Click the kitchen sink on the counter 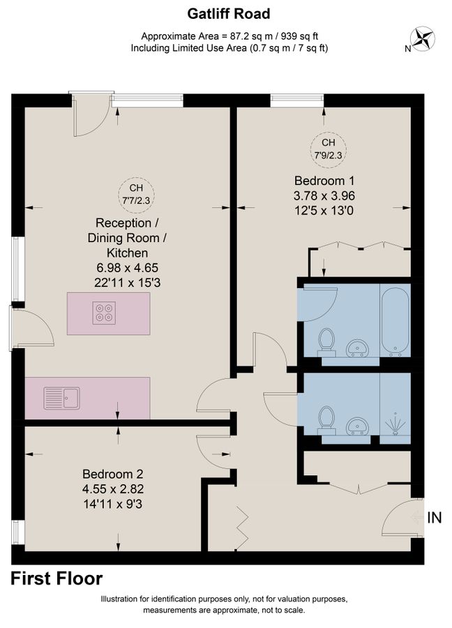[61, 398]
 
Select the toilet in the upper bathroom [325, 343]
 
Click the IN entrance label [434, 518]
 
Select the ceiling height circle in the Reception [137, 193]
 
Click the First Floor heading [57, 578]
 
